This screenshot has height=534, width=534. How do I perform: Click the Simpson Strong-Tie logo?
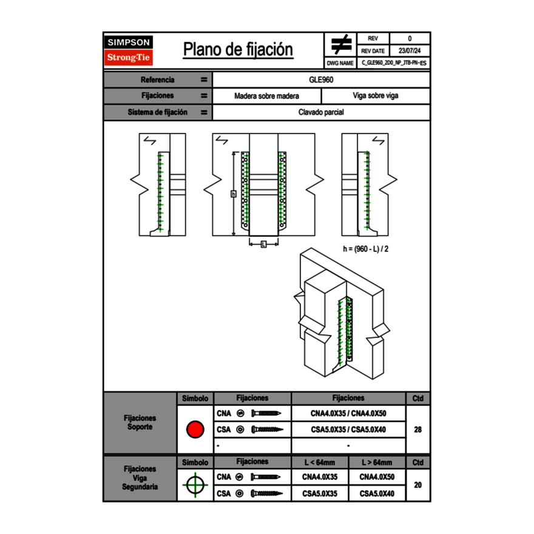pyautogui.click(x=129, y=50)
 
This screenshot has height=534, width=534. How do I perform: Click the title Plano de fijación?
pyautogui.click(x=238, y=50)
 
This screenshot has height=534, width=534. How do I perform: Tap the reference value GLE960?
pyautogui.click(x=322, y=79)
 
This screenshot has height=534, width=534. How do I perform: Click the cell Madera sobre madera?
pyautogui.click(x=267, y=96)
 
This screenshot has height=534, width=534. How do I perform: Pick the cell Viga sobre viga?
pyautogui.click(x=375, y=96)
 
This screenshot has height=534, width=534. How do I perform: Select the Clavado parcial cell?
pyautogui.click(x=322, y=112)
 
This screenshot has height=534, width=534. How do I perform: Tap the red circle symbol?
pyautogui.click(x=195, y=430)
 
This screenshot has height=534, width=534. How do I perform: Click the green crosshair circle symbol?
pyautogui.click(x=195, y=485)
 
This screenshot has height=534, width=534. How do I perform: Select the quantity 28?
pyautogui.click(x=417, y=430)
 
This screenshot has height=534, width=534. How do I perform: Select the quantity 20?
pyautogui.click(x=417, y=485)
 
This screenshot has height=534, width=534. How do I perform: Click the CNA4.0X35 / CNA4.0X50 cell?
pyautogui.click(x=348, y=413)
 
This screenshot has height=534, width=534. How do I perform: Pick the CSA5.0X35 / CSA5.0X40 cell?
pyautogui.click(x=348, y=430)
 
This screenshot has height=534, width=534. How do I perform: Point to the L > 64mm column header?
pyautogui.click(x=377, y=462)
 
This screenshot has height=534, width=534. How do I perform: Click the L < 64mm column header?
pyautogui.click(x=320, y=462)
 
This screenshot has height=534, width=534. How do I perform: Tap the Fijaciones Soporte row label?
pyautogui.click(x=140, y=422)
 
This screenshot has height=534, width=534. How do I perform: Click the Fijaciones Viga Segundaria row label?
pyautogui.click(x=140, y=478)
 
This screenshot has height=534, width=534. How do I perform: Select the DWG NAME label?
pyautogui.click(x=340, y=63)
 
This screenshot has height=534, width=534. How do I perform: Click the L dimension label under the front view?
pyautogui.click(x=263, y=244)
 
